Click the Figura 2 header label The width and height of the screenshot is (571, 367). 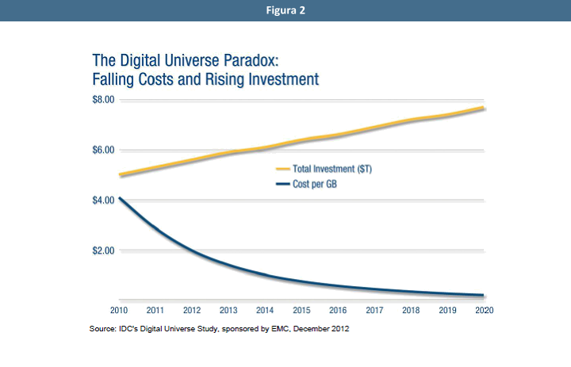click(285, 10)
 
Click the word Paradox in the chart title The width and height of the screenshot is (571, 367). click(255, 60)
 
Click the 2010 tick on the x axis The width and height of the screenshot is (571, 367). click(118, 310)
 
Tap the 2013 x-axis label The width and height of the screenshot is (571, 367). click(228, 310)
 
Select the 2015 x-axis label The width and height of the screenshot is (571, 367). click(301, 310)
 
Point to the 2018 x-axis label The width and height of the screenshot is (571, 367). click(410, 310)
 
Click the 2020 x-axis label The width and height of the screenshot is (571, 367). click(483, 310)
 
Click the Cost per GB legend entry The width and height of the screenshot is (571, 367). click(316, 183)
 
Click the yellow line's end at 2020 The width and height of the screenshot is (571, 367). click(483, 108)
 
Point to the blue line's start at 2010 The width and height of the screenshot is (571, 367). click(119, 198)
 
